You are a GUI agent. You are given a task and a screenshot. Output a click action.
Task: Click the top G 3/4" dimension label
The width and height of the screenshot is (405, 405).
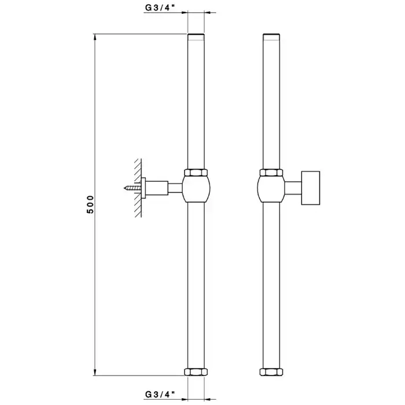coord(160,8)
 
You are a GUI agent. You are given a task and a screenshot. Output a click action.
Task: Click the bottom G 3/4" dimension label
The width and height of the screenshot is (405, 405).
coord(160,395)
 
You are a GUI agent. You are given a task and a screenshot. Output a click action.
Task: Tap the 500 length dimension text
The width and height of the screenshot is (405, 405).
coord(90,204)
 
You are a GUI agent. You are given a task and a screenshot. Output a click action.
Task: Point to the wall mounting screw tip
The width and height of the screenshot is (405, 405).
coord(124,188)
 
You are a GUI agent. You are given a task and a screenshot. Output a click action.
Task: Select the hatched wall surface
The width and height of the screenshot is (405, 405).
coord(138,188)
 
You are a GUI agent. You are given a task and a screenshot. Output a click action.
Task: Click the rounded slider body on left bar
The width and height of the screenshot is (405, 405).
coord(196,189)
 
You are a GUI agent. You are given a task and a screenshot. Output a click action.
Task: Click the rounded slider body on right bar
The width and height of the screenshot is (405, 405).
coord(271,189)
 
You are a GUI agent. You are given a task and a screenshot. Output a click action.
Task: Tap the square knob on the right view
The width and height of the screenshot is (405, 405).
coord(311,188)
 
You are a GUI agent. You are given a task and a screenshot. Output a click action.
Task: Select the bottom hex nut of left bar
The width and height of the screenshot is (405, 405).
coord(196,372)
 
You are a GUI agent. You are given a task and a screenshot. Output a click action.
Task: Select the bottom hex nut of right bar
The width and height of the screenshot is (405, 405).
coord(271,372)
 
